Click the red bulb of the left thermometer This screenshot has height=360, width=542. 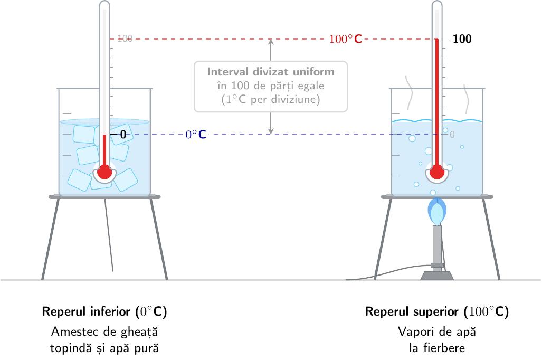coord(104,172)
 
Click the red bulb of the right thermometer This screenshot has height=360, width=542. coord(437,172)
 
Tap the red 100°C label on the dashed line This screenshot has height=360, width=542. coord(345,39)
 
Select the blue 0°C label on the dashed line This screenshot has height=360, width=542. coord(196,134)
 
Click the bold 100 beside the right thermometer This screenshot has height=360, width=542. coord(462,39)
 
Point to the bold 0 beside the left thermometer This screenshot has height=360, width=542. coord(123,134)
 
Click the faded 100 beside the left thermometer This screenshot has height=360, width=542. coord(125,39)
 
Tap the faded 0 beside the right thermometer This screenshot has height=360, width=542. coord(452,134)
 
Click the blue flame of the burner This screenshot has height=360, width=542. coord(437,211)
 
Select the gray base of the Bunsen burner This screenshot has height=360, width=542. coord(437,276)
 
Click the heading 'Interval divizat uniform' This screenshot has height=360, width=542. coord(271,72)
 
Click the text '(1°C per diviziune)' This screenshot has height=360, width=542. coord(271,100)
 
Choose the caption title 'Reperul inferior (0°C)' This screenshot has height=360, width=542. coord(104,311)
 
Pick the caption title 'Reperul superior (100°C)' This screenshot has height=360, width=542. coord(437,311)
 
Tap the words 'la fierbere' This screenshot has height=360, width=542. coord(437,347)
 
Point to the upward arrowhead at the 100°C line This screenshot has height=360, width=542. coord(271,42)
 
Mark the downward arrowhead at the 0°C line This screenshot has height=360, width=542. coord(271,131)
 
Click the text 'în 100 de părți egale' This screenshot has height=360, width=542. coord(271,86)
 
